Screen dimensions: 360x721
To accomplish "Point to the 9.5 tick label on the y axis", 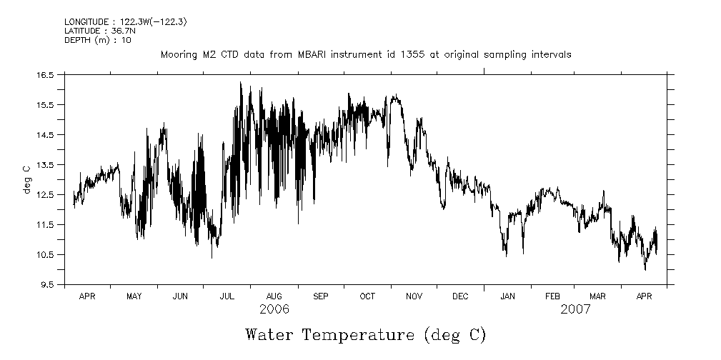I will point(47,284).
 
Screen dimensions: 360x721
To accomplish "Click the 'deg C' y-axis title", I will point(26,179).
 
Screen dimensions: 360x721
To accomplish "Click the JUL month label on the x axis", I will point(227,296).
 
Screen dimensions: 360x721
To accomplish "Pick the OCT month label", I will point(367,296).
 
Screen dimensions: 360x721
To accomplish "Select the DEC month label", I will point(460,296).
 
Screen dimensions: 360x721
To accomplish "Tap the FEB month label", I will point(553,296).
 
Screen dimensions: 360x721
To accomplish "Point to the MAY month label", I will point(134,296).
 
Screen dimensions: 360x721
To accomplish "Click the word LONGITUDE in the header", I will point(86,22).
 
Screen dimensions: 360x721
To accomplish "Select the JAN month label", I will point(507,296).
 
